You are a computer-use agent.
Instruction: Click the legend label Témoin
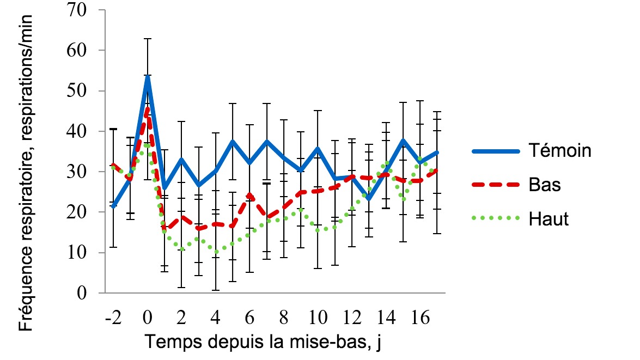point(560,150)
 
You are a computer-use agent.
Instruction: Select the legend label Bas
point(545,185)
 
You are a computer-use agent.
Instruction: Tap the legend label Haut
point(548,219)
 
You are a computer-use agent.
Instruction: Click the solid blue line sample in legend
point(497,150)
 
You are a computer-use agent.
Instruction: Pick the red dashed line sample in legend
point(497,185)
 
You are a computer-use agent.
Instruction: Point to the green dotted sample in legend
point(497,219)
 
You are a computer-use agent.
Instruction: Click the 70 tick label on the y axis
point(80,10)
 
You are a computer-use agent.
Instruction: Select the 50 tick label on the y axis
point(80,91)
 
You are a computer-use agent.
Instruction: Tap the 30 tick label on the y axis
point(80,172)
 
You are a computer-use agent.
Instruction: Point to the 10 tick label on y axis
point(80,253)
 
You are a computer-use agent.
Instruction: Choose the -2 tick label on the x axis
point(113,316)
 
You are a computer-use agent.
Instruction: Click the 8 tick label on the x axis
point(284,316)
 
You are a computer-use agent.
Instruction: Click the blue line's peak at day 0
point(147,76)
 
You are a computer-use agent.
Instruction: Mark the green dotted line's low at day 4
point(216,252)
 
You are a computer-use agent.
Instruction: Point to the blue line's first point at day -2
point(113,206)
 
